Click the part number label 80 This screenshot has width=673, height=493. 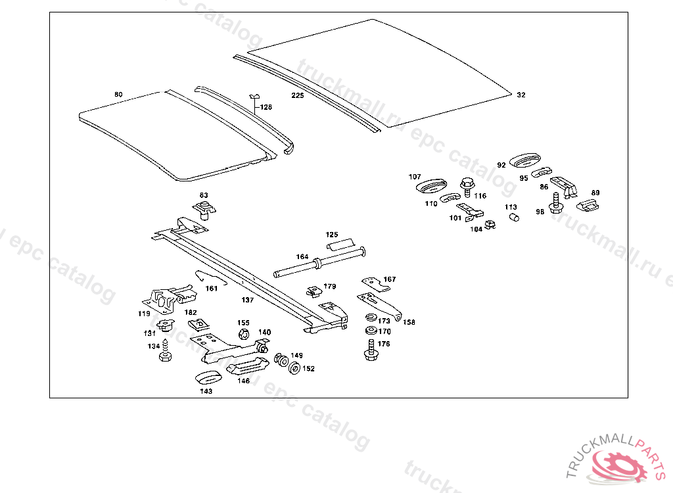pyautogui.click(x=118, y=95)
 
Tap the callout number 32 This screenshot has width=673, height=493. pyautogui.click(x=521, y=95)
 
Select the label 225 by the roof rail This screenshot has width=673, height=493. pyautogui.click(x=298, y=95)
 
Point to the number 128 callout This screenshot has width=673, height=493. pyautogui.click(x=266, y=107)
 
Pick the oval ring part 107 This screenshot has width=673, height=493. pyautogui.click(x=431, y=186)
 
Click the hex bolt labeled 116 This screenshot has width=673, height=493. pyautogui.click(x=467, y=186)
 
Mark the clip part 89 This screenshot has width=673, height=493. pyautogui.click(x=588, y=206)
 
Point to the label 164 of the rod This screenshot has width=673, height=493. pyautogui.click(x=302, y=257)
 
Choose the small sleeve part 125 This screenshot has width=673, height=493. pyautogui.click(x=340, y=245)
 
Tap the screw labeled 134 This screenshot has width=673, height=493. pyautogui.click(x=165, y=350)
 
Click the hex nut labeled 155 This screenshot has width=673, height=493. pyautogui.click(x=242, y=334)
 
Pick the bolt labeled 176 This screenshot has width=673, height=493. pyautogui.click(x=370, y=349)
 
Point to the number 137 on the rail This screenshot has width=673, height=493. pyautogui.click(x=247, y=300)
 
